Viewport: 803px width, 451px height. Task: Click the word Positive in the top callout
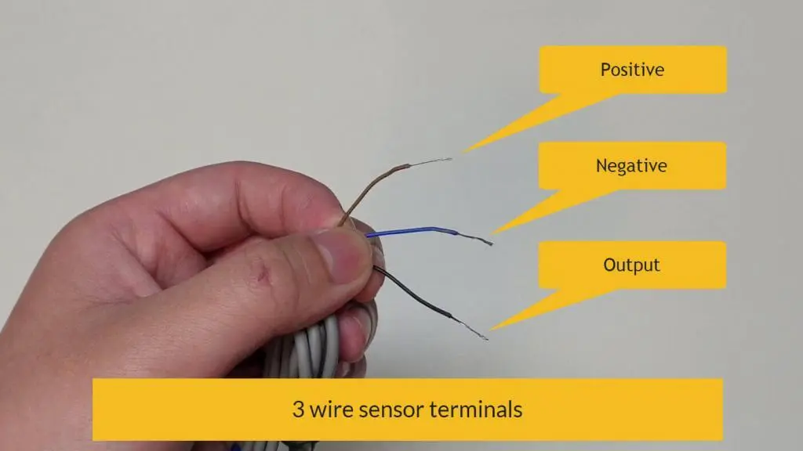(x=632, y=70)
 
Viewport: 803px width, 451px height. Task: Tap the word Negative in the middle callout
(x=631, y=166)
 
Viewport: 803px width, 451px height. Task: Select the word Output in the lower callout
(x=631, y=265)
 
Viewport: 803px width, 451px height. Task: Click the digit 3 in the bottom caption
(x=298, y=410)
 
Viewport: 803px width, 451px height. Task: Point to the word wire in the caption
(x=332, y=410)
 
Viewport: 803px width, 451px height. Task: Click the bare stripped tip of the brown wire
(x=431, y=161)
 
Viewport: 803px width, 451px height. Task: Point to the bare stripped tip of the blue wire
(x=475, y=238)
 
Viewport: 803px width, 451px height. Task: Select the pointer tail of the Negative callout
(x=553, y=211)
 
